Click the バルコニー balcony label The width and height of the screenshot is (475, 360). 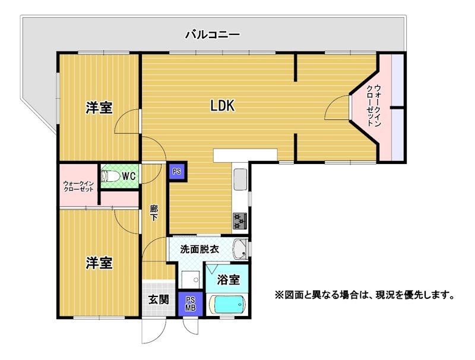(x=213, y=34)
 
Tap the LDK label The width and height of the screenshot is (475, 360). (x=223, y=106)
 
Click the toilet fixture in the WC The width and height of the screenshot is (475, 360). (x=110, y=175)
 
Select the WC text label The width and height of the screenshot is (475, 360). (x=129, y=176)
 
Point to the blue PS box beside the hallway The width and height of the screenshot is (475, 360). (x=177, y=172)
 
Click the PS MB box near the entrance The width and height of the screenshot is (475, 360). (x=191, y=304)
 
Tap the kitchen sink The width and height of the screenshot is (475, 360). (x=240, y=179)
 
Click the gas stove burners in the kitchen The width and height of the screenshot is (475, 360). (x=240, y=221)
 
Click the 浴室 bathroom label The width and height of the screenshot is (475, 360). (x=229, y=279)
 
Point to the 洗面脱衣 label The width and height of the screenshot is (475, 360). (x=199, y=249)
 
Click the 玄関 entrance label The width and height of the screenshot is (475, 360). (x=159, y=299)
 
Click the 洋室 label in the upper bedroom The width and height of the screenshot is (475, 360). (x=99, y=108)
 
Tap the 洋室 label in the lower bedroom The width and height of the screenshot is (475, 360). (x=99, y=263)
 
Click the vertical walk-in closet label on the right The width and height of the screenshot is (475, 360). (x=373, y=106)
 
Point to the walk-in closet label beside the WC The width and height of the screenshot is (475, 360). (x=78, y=187)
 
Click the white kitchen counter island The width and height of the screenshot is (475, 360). (x=245, y=155)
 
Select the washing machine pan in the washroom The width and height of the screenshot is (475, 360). (x=191, y=280)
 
